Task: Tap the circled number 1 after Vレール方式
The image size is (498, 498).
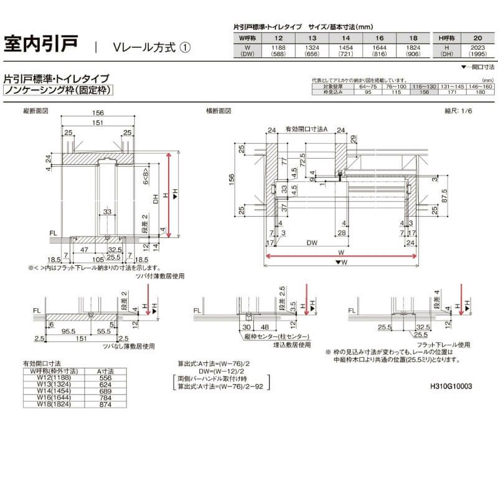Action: pos(185,47)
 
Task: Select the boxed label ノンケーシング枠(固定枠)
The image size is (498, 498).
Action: pos(59,90)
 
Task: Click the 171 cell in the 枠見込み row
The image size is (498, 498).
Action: pos(448,92)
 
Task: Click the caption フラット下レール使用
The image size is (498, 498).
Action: pos(425,344)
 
